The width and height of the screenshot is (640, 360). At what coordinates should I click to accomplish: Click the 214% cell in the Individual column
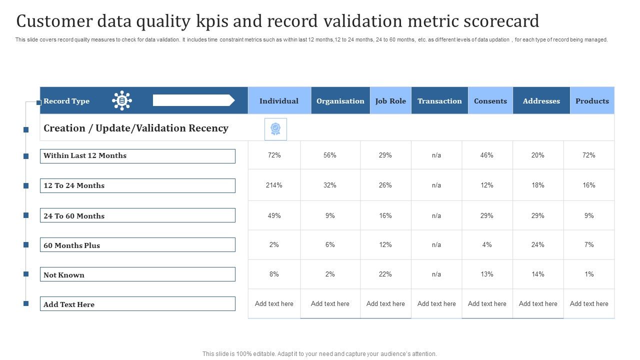274,185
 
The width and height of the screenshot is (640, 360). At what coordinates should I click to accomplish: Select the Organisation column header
340,101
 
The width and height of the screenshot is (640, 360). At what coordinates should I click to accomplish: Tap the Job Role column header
390,101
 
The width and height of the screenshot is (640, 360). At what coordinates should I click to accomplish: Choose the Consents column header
490,101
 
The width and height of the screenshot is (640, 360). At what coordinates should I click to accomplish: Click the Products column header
592,101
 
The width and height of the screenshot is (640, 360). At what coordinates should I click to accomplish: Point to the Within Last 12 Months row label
137,156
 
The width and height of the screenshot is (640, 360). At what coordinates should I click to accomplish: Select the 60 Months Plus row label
137,245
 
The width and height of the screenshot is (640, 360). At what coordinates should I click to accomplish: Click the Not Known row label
137,274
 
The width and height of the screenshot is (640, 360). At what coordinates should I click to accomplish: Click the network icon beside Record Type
122,100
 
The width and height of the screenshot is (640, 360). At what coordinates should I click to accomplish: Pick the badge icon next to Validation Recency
275,129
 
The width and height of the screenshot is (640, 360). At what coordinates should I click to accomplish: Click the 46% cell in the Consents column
486,155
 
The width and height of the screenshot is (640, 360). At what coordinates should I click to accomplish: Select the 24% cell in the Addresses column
538,245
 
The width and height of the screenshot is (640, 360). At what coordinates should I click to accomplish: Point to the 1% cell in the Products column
589,274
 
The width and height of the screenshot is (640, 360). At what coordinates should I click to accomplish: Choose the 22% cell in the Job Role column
385,274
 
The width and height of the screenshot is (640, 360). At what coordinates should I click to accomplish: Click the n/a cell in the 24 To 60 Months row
436,216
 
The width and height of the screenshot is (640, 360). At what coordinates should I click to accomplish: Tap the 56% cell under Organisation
330,155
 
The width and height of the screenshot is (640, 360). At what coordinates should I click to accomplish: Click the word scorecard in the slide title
500,21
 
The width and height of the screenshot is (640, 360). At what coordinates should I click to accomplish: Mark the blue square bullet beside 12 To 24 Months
26,185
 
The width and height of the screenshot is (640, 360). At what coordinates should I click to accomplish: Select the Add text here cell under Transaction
436,304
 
